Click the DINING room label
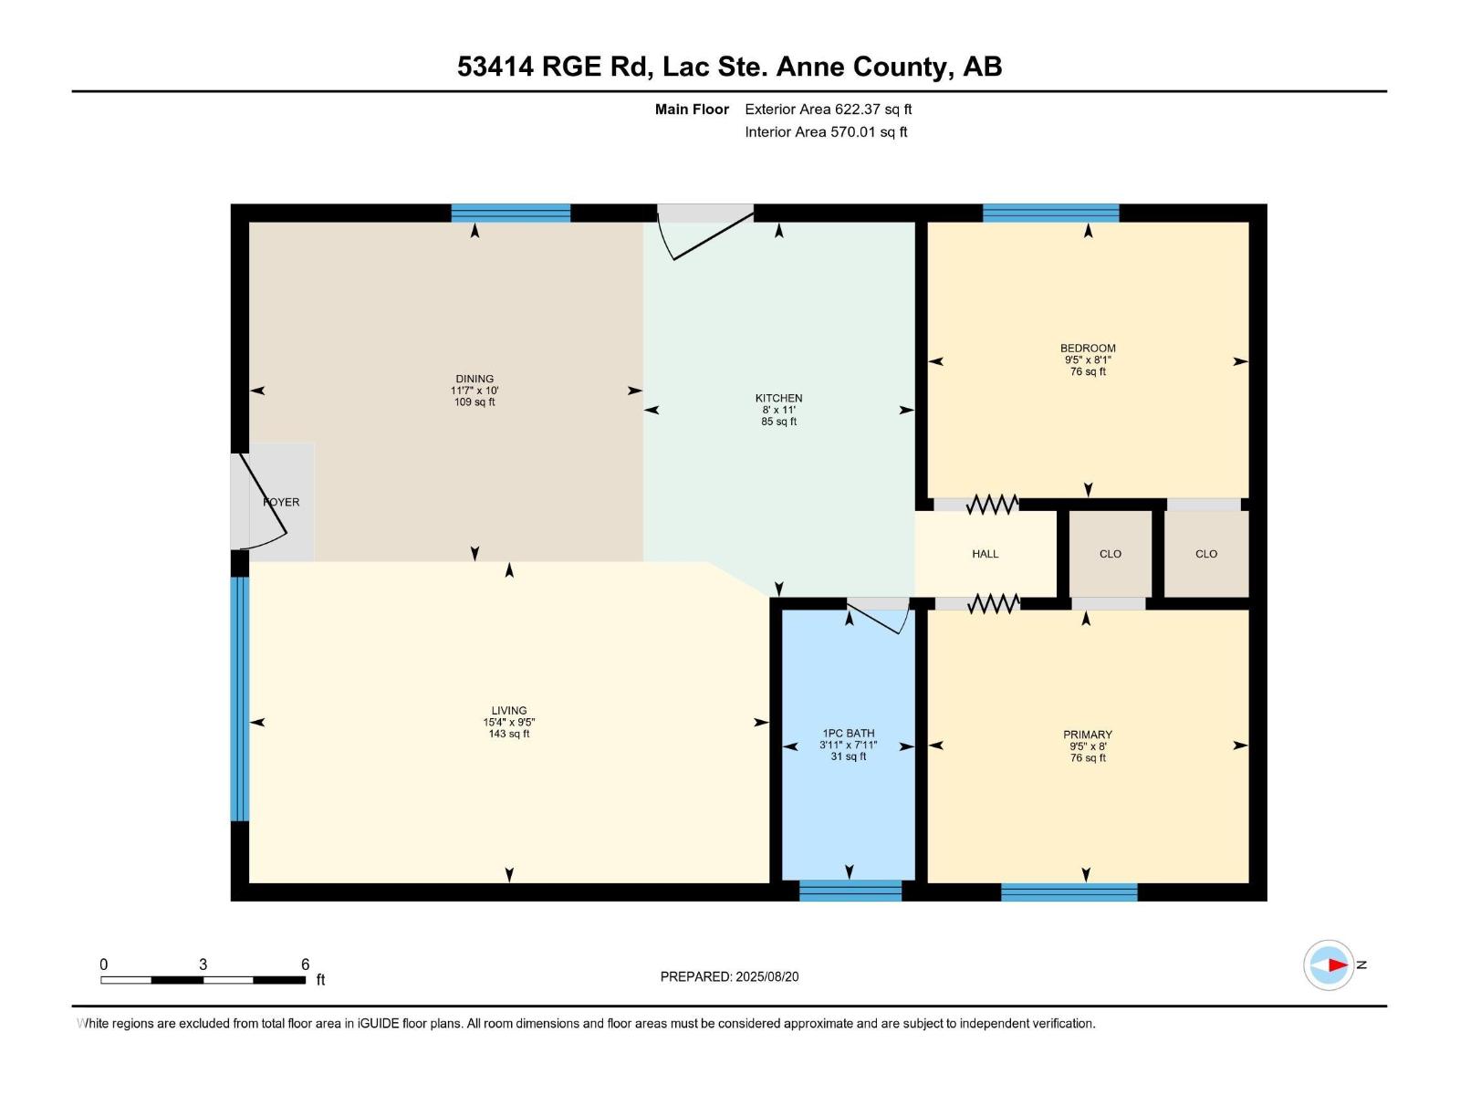tap(474, 379)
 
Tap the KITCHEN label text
tap(778, 398)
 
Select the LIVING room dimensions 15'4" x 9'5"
tap(509, 722)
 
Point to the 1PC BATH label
tap(848, 734)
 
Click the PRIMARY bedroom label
tap(1088, 735)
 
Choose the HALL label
tap(985, 554)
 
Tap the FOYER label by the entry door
tap(281, 502)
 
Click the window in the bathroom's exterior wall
tap(850, 891)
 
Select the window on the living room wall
tap(239, 699)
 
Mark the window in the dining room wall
tap(510, 213)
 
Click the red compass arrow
tap(1338, 965)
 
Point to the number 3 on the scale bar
tap(203, 964)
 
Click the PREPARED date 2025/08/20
tap(766, 976)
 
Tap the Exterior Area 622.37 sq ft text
tap(829, 109)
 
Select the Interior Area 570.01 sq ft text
tap(826, 131)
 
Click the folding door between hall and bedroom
tap(993, 505)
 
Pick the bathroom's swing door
tap(878, 616)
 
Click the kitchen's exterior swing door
tap(705, 232)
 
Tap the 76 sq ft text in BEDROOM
tap(1088, 371)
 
